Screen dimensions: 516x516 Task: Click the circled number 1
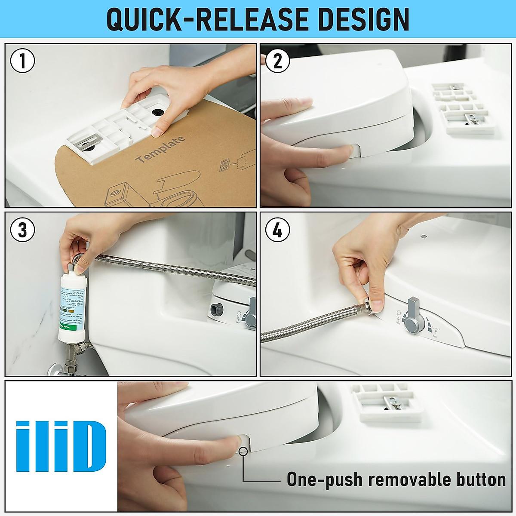(22, 61)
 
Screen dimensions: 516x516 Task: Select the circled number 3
(22, 230)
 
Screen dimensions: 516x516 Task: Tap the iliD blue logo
(61, 446)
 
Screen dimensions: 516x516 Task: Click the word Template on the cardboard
(161, 149)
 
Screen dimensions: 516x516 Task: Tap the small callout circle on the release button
(243, 451)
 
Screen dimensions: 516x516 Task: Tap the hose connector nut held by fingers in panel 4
(366, 306)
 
